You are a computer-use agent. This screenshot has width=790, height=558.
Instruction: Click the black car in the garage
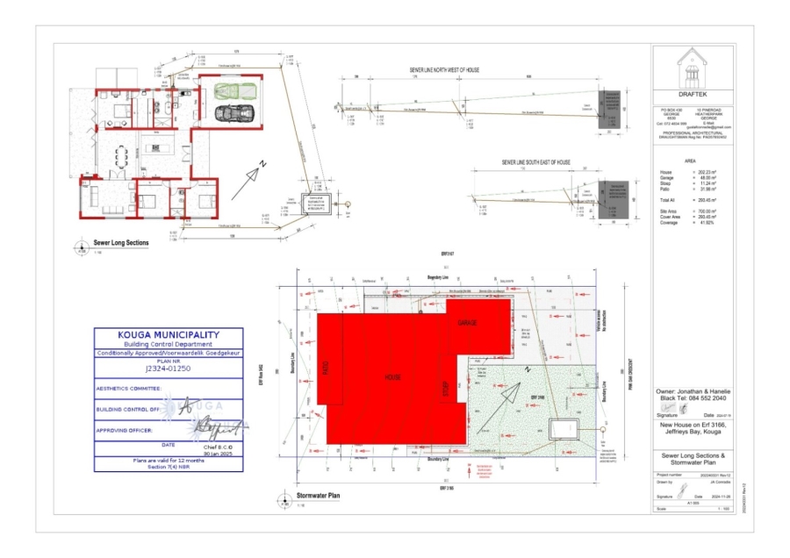point(235,111)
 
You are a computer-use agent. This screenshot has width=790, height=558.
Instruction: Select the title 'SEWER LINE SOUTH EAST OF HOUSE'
point(535,163)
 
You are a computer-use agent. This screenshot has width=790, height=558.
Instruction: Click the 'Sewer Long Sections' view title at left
point(121,243)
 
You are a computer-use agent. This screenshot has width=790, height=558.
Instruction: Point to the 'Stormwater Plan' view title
point(319,496)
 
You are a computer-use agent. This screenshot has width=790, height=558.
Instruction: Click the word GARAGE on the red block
point(467,324)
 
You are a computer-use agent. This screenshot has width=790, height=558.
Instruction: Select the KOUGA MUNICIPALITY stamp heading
point(169,334)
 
